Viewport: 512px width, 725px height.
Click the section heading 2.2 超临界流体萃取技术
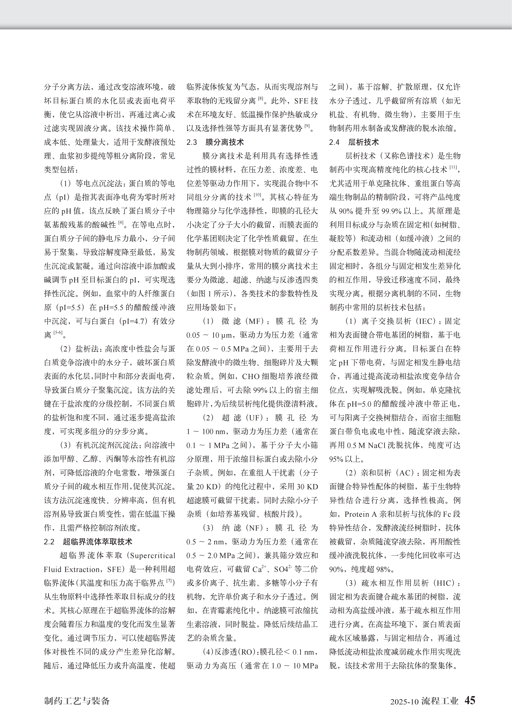pyautogui.click(x=88, y=542)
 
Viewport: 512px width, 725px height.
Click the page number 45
pyautogui.click(x=470, y=700)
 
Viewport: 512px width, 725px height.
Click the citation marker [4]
pyautogui.click(x=121, y=223)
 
